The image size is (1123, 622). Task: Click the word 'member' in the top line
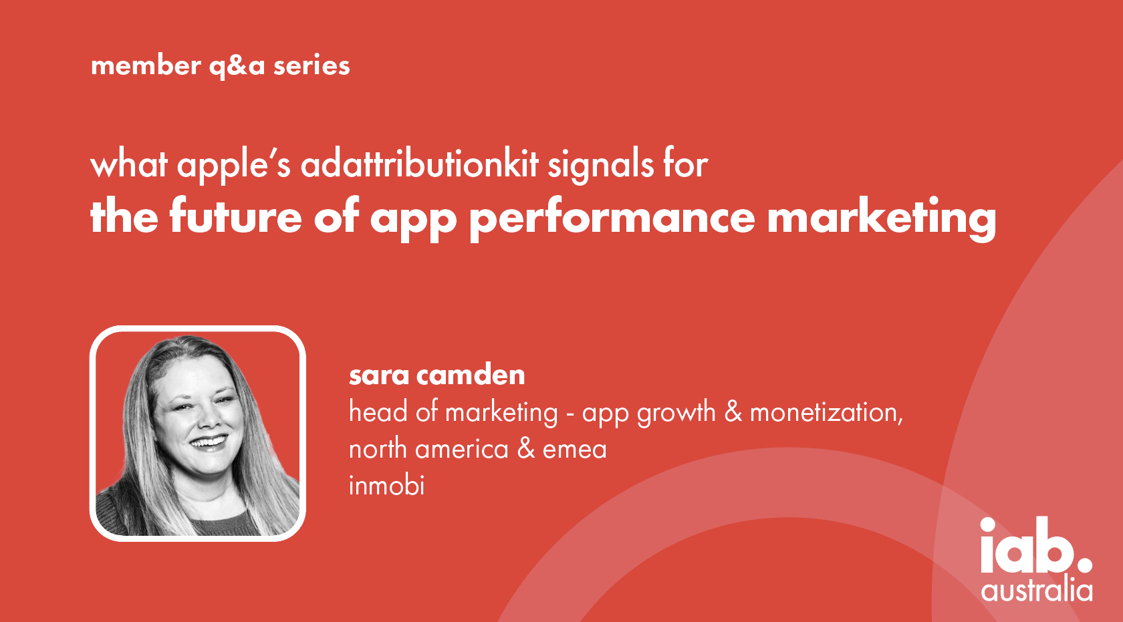tap(146, 65)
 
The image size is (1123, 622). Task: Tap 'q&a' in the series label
tap(237, 67)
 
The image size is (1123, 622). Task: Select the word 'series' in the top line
tap(311, 65)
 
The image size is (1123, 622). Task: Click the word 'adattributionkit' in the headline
tap(420, 164)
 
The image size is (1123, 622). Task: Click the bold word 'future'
tap(235, 216)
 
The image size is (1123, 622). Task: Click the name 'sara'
tap(379, 375)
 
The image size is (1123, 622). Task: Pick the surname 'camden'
tap(471, 374)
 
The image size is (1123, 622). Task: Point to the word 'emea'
tap(575, 449)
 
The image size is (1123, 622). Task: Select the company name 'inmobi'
tap(386, 485)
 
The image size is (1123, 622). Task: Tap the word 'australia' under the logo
tap(1037, 590)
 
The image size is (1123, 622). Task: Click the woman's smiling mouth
tap(209, 442)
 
